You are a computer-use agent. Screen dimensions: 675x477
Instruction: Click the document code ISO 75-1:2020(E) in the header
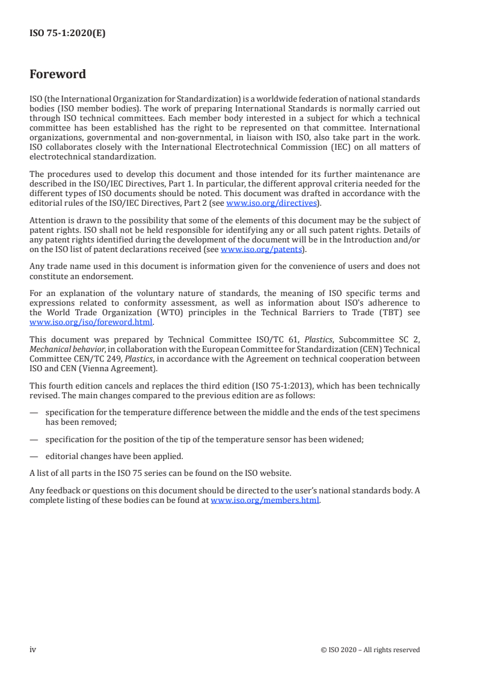pyautogui.click(x=67, y=34)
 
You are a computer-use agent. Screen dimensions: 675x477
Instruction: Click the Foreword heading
pyautogui.click(x=58, y=75)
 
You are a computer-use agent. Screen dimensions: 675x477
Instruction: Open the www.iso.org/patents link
pyautogui.click(x=262, y=248)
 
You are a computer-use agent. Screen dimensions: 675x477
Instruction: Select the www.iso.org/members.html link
pyautogui.click(x=265, y=501)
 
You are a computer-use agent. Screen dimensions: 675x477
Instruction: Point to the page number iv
pyautogui.click(x=33, y=649)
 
